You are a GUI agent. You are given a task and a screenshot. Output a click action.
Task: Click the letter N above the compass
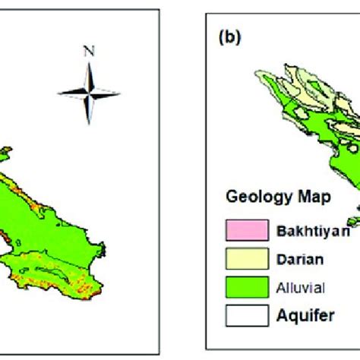click(90, 52)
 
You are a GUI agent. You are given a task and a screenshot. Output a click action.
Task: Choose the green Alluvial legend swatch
click(247, 287)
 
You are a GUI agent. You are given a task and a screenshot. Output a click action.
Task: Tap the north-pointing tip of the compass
click(90, 63)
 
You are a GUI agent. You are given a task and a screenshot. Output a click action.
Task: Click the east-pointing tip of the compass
click(120, 92)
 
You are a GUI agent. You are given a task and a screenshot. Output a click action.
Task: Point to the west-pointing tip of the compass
click(59, 92)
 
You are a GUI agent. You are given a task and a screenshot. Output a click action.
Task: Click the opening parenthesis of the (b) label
click(219, 35)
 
